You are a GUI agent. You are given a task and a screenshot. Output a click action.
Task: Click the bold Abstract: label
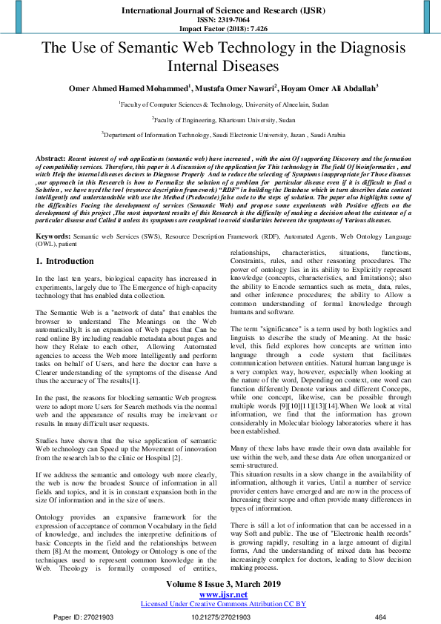coord(50,159)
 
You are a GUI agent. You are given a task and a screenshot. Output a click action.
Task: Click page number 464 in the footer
coord(381,616)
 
